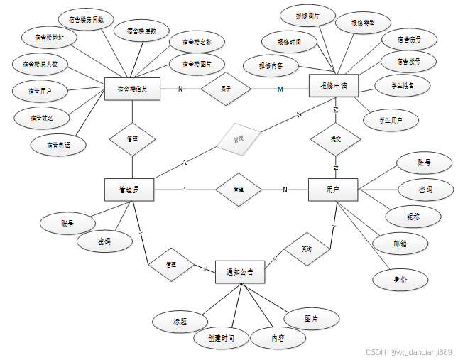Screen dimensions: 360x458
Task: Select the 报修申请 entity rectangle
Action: point(334,86)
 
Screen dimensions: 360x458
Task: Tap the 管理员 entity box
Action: point(130,190)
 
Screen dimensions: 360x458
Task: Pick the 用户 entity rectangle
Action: point(332,190)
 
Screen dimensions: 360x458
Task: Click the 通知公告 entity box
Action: point(240,272)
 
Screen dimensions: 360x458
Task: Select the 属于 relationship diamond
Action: point(226,89)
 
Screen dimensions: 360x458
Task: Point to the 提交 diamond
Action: point(335,139)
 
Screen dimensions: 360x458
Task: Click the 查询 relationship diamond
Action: point(306,249)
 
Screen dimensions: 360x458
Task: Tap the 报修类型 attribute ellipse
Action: point(362,23)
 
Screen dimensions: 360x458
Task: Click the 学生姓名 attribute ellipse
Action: point(402,86)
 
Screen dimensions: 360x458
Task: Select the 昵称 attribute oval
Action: point(413,216)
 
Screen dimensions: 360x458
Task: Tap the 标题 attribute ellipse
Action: point(180,321)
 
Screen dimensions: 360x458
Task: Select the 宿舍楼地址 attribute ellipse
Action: point(49,37)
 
